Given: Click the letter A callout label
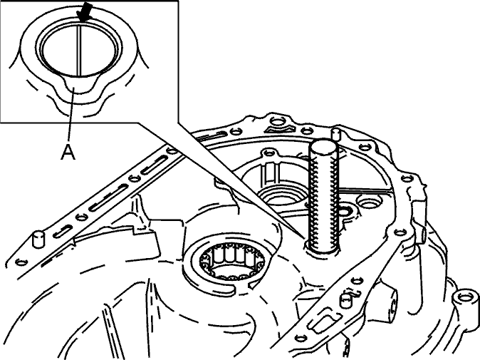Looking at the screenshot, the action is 68,152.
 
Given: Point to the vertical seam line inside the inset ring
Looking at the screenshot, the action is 79,50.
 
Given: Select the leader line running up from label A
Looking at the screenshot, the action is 71,115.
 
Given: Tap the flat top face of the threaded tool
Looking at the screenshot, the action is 323,148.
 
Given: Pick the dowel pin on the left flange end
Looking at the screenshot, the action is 38,239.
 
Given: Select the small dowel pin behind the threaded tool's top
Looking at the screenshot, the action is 336,134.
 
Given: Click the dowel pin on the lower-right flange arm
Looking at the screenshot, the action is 345,301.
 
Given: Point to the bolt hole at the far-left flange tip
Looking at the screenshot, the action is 21,262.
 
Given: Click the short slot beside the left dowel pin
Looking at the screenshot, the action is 63,231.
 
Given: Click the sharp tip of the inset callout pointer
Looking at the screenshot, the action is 305,237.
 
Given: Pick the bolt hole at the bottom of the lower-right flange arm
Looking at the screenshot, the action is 301,338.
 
